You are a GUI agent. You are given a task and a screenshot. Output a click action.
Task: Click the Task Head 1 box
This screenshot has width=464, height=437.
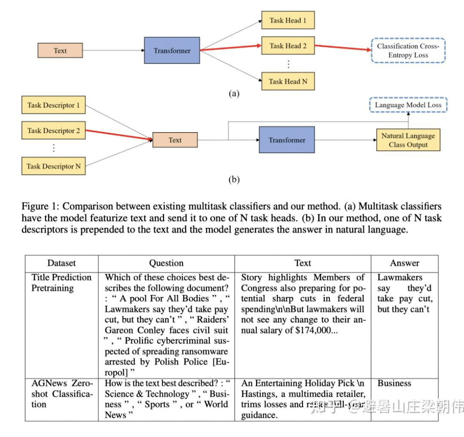point(288,20)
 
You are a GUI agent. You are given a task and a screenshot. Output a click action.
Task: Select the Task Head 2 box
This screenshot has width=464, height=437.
point(288,46)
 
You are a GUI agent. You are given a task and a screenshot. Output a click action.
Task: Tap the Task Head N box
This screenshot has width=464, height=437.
point(288,81)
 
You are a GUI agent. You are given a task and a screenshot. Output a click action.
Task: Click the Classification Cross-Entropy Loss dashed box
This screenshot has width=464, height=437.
point(408,51)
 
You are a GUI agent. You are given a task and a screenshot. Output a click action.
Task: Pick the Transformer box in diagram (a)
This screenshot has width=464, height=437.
point(172,51)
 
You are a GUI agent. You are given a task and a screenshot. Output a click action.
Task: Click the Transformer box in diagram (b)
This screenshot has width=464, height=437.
point(287,140)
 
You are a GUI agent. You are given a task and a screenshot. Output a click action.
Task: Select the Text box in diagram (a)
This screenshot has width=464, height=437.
point(60,50)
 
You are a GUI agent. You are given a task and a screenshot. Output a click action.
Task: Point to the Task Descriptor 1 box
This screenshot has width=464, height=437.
point(53,105)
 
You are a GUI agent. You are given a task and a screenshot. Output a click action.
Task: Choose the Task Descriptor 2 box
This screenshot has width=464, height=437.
point(53,130)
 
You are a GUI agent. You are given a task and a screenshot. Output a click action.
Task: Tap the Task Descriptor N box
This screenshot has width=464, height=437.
point(53,166)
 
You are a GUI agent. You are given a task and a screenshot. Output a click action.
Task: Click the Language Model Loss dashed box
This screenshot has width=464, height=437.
point(408,105)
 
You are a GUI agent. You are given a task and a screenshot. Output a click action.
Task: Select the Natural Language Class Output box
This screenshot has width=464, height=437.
point(408,140)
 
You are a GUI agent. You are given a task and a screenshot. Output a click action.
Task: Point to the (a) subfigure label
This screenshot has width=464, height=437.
point(234,94)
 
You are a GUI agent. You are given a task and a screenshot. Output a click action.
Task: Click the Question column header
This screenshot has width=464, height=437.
point(166,263)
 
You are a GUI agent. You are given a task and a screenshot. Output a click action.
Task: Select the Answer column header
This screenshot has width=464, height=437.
point(404,263)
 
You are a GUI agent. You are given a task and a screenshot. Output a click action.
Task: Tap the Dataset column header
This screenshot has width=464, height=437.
point(61,263)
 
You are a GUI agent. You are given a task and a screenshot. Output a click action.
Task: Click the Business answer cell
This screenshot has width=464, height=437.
point(394,383)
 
